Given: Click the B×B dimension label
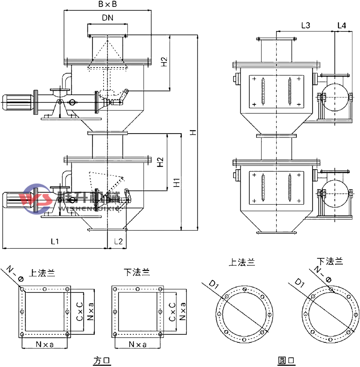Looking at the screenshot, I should click(x=107, y=5).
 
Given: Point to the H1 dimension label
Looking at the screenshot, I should click(x=176, y=182).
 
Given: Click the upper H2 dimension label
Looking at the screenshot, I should click(x=164, y=62).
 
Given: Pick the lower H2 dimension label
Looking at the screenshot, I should click(x=161, y=162).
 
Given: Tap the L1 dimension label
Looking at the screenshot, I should click(x=54, y=241).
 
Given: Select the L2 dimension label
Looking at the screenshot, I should click(x=118, y=241).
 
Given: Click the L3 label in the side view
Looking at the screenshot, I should click(x=306, y=26).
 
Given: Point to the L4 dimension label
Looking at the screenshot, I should click(x=342, y=26).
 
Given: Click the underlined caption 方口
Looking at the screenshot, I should click(x=102, y=360).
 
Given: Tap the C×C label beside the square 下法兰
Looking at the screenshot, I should click(x=172, y=312).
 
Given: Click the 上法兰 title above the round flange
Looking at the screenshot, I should click(x=242, y=263).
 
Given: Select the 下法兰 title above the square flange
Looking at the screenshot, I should click(x=137, y=272).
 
